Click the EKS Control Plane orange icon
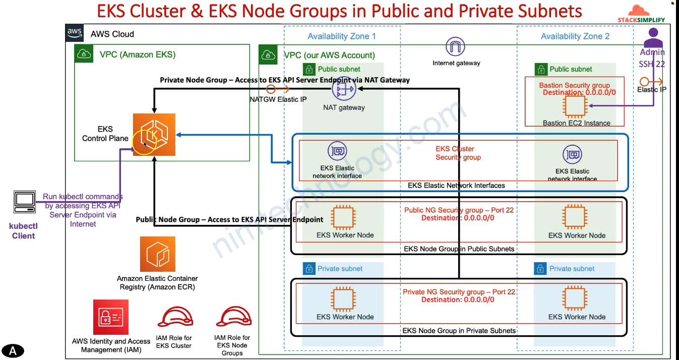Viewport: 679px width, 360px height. tap(154, 135)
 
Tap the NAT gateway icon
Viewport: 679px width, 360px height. tap(344, 89)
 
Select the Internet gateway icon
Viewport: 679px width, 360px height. tap(456, 47)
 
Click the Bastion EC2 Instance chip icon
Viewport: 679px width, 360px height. tap(575, 106)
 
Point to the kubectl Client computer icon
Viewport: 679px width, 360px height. tap(24, 203)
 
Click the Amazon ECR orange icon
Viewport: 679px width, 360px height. tap(157, 254)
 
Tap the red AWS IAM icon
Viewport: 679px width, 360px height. tap(111, 317)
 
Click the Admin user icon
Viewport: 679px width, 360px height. tap(653, 37)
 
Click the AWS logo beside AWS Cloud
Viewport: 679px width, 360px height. tap(75, 33)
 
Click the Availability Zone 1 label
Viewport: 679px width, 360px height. tap(342, 36)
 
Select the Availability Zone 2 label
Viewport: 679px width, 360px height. tap(575, 36)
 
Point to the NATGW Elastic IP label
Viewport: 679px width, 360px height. tap(278, 99)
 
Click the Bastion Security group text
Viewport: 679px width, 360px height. tap(574, 85)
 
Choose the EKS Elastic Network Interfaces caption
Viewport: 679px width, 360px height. tap(456, 186)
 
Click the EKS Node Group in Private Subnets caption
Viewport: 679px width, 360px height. tap(459, 331)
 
